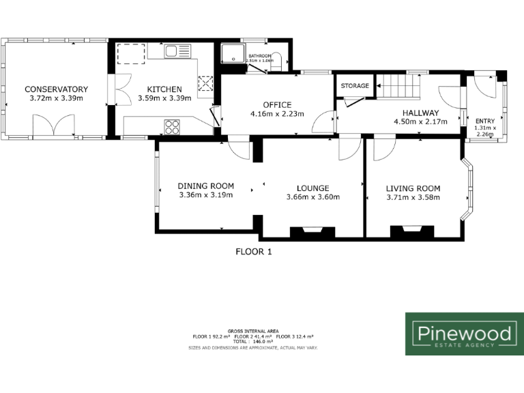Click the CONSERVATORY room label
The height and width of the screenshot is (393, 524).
click(56, 89)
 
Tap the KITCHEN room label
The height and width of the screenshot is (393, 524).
click(164, 89)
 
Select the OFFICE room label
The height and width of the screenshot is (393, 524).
click(276, 104)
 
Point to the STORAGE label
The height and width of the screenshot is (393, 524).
click(355, 86)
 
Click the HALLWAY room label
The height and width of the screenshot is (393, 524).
click(420, 113)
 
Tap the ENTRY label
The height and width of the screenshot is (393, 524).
click(485, 121)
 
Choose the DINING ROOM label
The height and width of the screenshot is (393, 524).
click(205, 186)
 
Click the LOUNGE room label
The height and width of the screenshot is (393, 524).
click(313, 188)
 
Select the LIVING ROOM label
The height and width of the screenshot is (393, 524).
click(413, 188)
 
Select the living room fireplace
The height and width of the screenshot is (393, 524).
click(411, 233)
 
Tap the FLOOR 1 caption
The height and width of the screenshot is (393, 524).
click(254, 251)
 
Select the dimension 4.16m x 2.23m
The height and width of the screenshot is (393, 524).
click(276, 114)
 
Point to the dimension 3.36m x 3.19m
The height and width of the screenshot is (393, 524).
click(205, 195)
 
